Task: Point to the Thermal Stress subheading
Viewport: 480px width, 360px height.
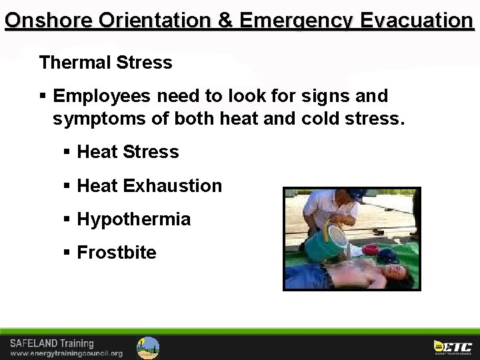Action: (105, 63)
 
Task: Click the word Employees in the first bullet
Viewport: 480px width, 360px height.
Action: (102, 96)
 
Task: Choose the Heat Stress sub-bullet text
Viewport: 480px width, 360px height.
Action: (128, 152)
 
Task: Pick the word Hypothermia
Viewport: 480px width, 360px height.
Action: (134, 219)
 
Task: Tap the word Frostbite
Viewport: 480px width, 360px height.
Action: (117, 253)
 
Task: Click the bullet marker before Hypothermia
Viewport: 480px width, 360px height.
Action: (67, 219)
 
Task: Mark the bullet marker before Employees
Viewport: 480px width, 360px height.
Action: (43, 97)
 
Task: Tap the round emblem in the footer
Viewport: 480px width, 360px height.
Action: (148, 347)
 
